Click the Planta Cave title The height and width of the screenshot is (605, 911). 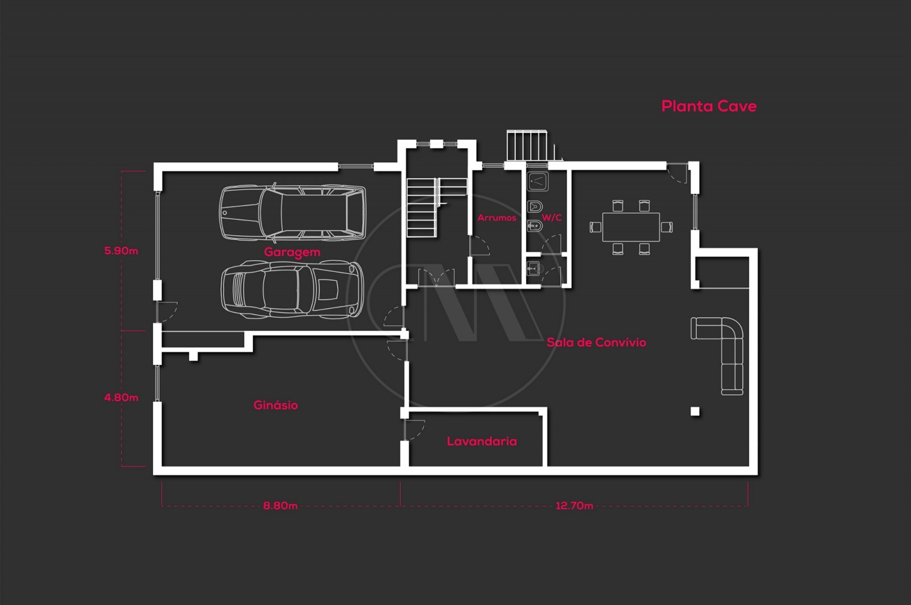pyautogui.click(x=708, y=107)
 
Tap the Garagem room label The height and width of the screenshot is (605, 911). pyautogui.click(x=292, y=252)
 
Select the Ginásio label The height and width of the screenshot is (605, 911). pyautogui.click(x=276, y=405)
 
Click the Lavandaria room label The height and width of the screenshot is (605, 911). pyautogui.click(x=482, y=442)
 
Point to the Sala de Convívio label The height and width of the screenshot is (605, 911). pyautogui.click(x=596, y=342)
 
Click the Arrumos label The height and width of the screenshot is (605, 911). pyautogui.click(x=496, y=218)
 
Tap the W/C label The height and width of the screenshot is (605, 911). pyautogui.click(x=551, y=218)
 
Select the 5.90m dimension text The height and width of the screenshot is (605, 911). pyautogui.click(x=121, y=251)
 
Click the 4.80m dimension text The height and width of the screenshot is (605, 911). pyautogui.click(x=121, y=398)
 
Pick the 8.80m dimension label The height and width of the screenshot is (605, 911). pyautogui.click(x=280, y=506)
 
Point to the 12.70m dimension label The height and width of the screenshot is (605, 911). pyautogui.click(x=574, y=506)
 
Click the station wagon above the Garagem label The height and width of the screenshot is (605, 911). pyautogui.click(x=293, y=212)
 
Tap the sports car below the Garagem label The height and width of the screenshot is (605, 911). pyautogui.click(x=292, y=289)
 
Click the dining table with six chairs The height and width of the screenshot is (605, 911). pyautogui.click(x=631, y=227)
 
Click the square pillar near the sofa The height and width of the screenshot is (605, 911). pyautogui.click(x=695, y=411)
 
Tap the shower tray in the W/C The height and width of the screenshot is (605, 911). pyautogui.click(x=537, y=181)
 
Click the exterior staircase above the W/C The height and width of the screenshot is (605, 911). pyautogui.click(x=528, y=146)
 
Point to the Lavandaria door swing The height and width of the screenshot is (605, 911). pyautogui.click(x=414, y=430)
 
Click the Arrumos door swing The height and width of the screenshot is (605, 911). pyautogui.click(x=479, y=246)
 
